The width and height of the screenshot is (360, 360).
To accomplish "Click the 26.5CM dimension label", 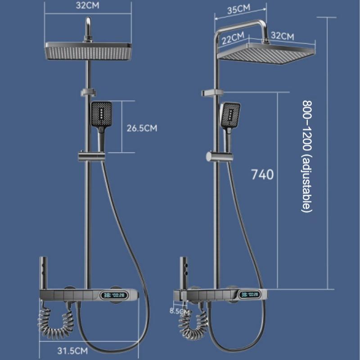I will pos(142,128).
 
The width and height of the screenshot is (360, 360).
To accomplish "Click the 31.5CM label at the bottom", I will pos(72,350).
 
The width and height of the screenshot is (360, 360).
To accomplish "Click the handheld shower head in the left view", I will pos(101,115).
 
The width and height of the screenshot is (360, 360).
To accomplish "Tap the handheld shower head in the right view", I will pos(229,115).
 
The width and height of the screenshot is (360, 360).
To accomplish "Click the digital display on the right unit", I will pos(249,295).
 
